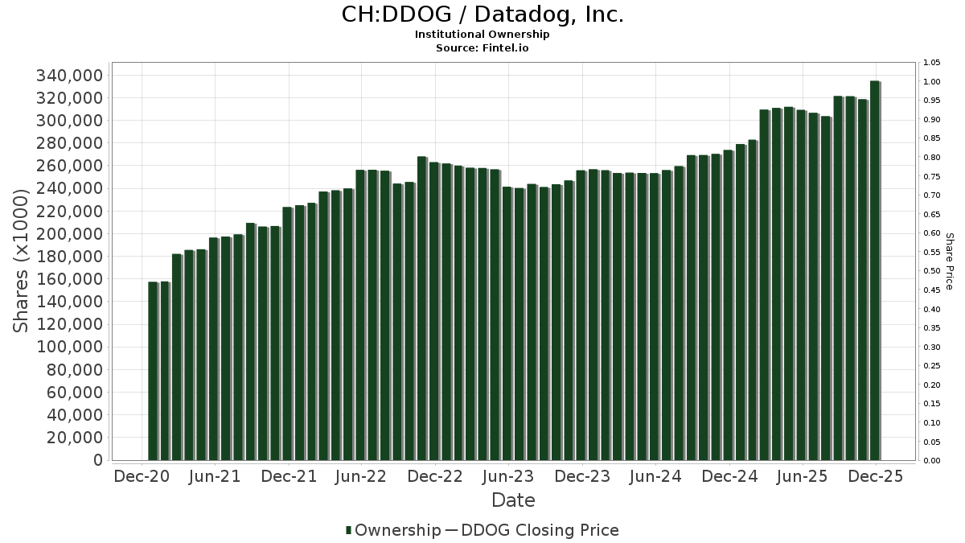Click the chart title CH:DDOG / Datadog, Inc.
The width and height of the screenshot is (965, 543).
[482, 14]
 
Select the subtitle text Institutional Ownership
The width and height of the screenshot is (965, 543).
[482, 35]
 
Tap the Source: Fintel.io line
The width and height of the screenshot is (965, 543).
[482, 47]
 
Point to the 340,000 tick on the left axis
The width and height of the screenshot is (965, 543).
[70, 76]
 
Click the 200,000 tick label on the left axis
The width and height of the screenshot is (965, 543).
[70, 234]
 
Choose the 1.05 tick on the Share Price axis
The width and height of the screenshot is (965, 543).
[932, 63]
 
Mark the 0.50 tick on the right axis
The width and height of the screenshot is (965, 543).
[932, 271]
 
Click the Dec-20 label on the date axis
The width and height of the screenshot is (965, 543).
[142, 476]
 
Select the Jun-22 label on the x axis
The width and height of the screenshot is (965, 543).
[361, 476]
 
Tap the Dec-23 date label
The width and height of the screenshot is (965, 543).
[581, 476]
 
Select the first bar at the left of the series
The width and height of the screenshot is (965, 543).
[153, 371]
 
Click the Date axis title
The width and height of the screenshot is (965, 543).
[513, 500]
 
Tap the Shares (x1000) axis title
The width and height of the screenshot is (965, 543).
[22, 260]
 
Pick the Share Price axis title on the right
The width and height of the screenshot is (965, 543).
[949, 261]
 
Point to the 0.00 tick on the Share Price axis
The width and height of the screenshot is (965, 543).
[932, 461]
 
